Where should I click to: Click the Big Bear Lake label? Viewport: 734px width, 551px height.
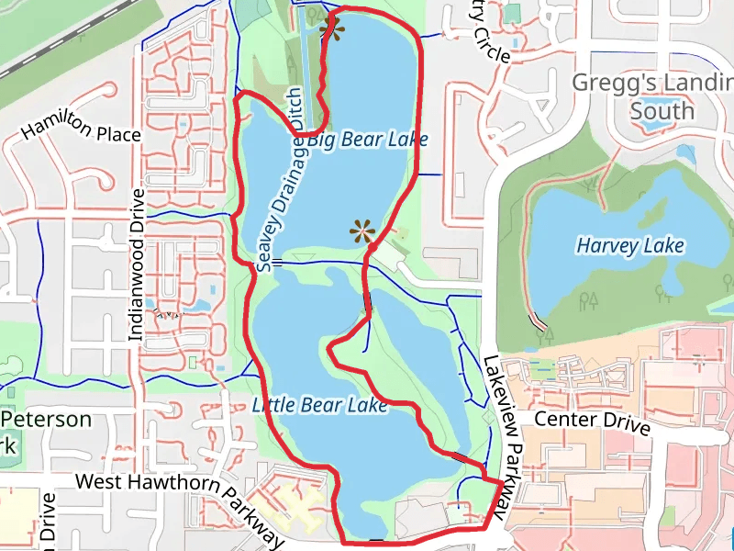[367, 140]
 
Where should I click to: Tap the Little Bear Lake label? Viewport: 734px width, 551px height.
[320, 405]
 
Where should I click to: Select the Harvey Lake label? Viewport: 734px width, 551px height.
[630, 246]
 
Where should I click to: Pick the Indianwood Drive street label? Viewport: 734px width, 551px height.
[137, 266]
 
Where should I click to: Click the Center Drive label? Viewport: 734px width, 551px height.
[592, 423]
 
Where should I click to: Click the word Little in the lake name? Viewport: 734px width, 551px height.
[272, 405]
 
